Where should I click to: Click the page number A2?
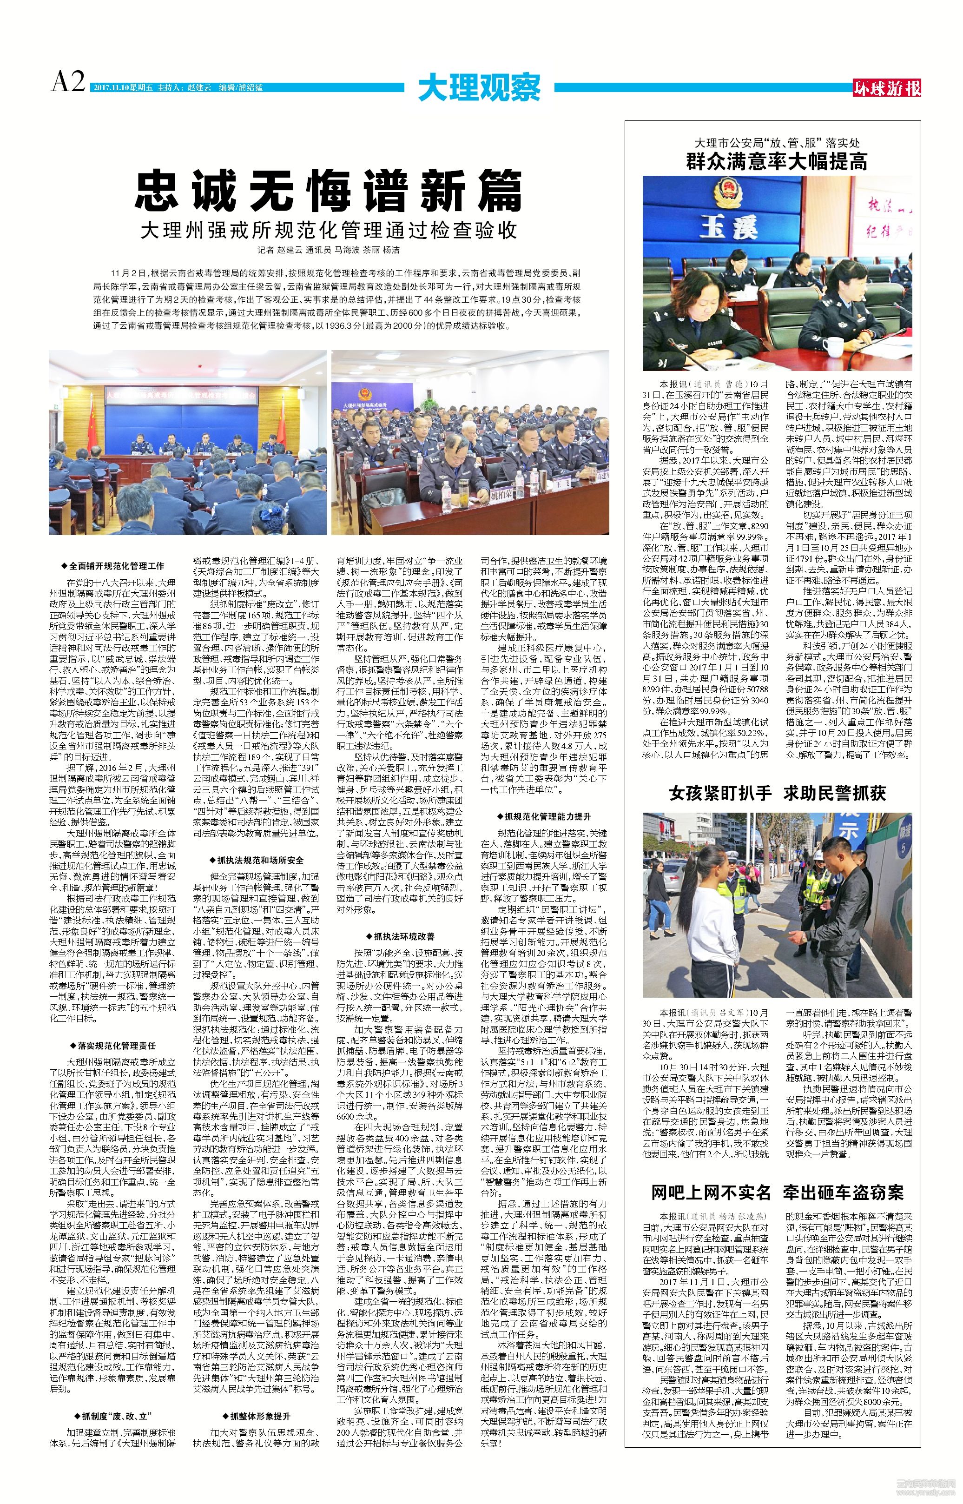67,81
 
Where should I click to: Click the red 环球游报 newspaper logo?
887,89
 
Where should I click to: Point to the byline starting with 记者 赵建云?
328,250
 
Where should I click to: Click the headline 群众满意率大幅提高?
777,162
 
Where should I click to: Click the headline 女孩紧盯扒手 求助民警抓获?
777,794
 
